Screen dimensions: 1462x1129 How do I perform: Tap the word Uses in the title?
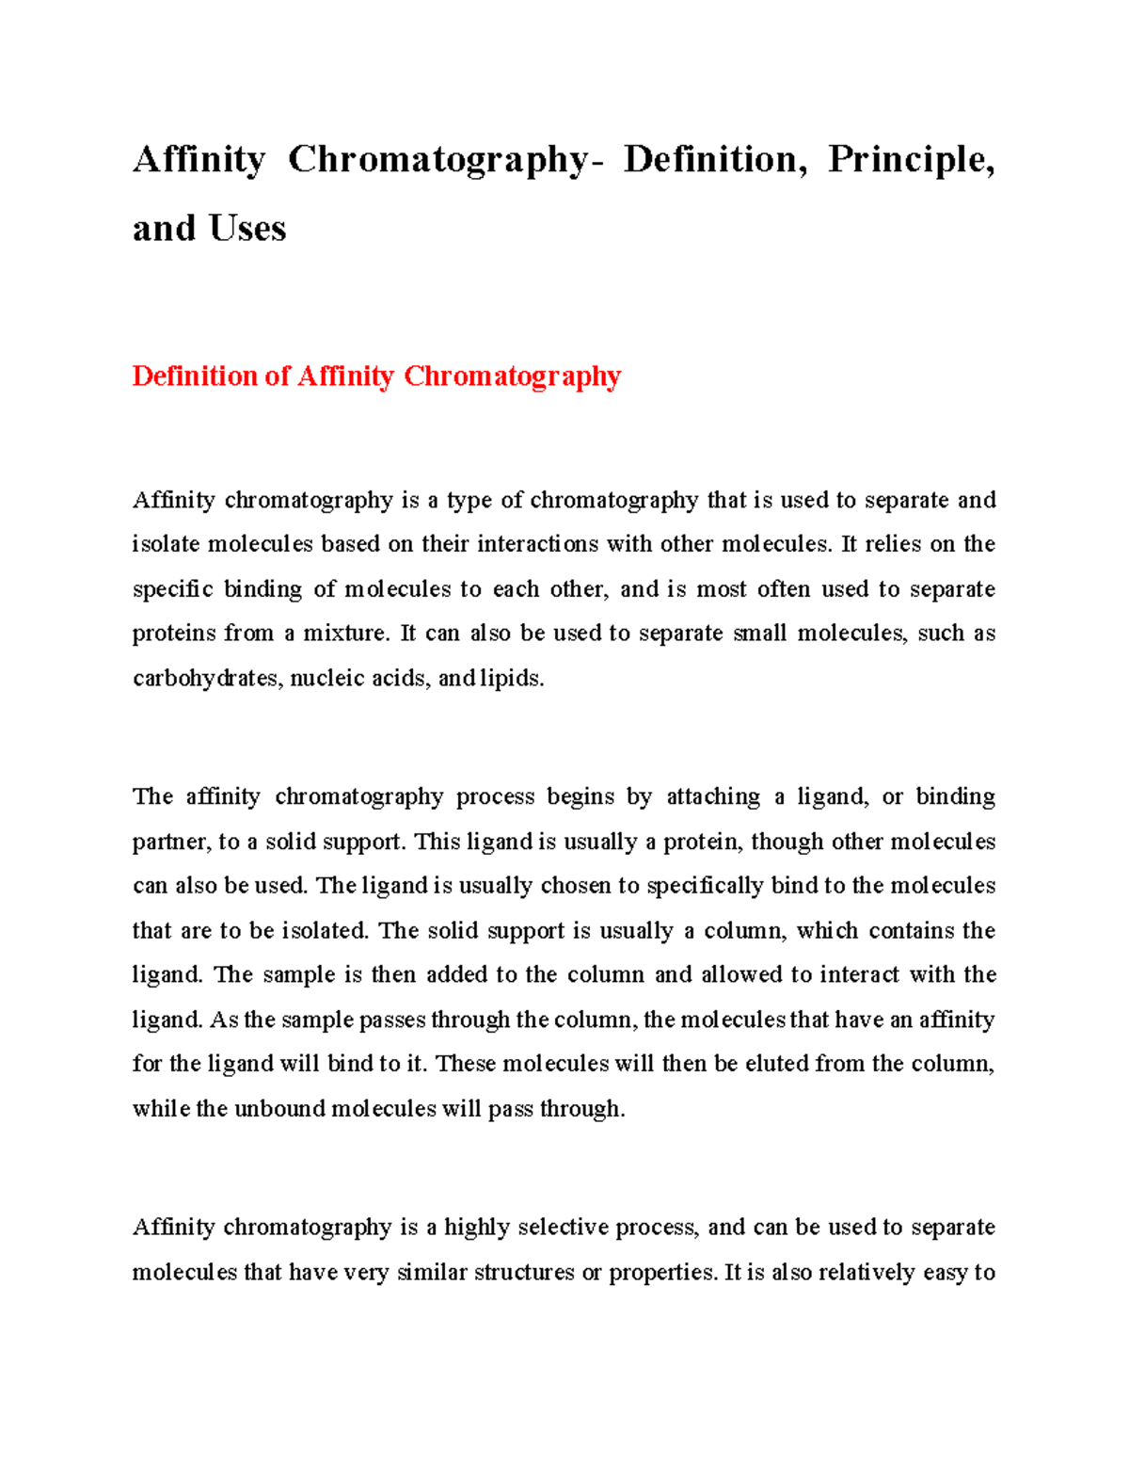tap(247, 229)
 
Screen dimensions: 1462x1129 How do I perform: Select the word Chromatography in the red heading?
tap(513, 377)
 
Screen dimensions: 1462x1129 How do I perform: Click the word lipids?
tap(512, 678)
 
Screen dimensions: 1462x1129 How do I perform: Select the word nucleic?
tap(327, 678)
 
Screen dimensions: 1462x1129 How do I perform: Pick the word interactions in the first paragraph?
tap(537, 544)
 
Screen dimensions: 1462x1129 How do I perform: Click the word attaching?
tap(713, 796)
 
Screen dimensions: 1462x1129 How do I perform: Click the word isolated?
tap(326, 931)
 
